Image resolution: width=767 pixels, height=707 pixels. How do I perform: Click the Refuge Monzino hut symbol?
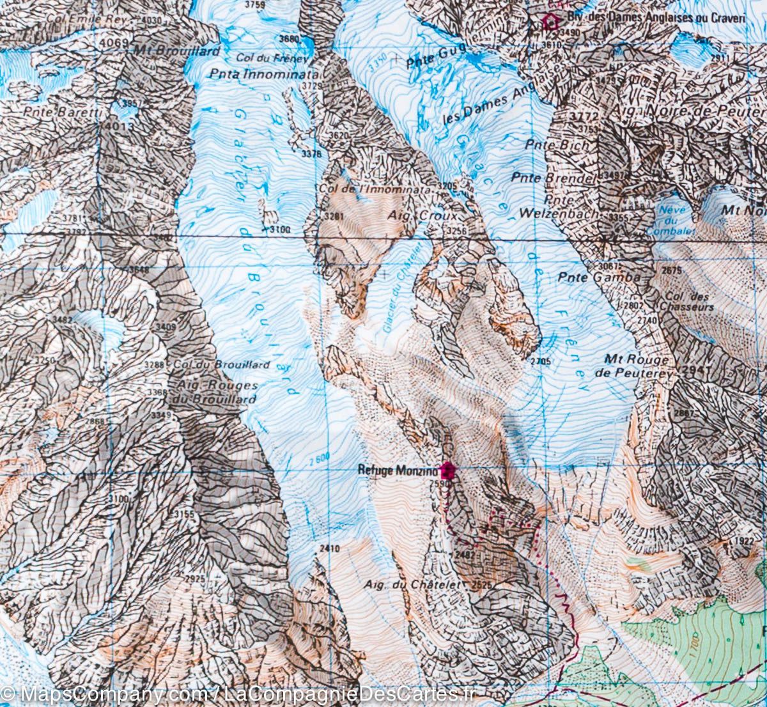coord(447,470)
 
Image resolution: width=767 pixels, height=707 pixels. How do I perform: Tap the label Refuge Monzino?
coord(398,470)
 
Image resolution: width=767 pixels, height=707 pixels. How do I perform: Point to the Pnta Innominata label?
coord(256,74)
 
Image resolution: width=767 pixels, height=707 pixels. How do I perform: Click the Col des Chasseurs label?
coord(688,302)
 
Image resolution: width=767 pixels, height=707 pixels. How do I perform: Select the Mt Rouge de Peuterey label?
coord(639,365)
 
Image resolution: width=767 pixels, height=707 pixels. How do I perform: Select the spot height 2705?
coord(540,361)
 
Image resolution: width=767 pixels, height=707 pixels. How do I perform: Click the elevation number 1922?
coord(744,541)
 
